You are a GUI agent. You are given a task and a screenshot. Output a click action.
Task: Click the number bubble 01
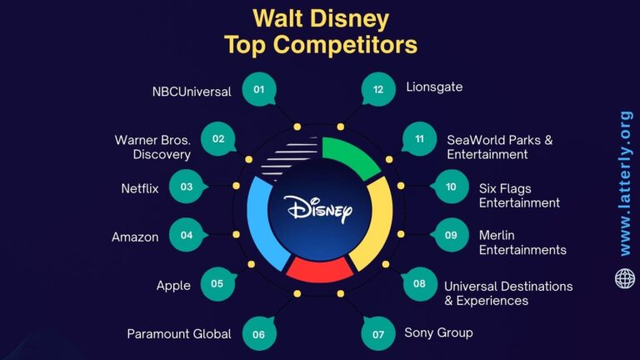pos(259,90)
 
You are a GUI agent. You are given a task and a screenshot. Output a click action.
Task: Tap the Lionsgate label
pos(434,87)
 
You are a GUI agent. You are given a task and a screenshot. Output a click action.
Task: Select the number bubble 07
pos(378,334)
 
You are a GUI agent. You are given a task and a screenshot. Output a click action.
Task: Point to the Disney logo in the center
pos(319,207)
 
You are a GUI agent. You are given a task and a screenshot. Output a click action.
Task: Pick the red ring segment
pos(319,269)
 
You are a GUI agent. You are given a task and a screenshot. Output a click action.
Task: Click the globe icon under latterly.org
pos(625,278)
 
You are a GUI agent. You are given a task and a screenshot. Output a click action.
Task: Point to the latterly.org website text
pos(625,183)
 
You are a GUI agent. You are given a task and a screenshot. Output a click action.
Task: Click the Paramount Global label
pos(179,333)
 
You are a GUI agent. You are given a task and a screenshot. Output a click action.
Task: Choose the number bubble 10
pos(451,187)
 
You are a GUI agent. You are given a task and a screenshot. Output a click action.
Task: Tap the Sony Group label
pos(438,332)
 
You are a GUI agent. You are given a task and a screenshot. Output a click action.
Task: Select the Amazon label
pos(135,237)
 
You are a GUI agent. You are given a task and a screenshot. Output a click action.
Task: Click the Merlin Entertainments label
pos(522,242)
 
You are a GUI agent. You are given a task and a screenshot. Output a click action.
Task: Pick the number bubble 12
pos(378,90)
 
